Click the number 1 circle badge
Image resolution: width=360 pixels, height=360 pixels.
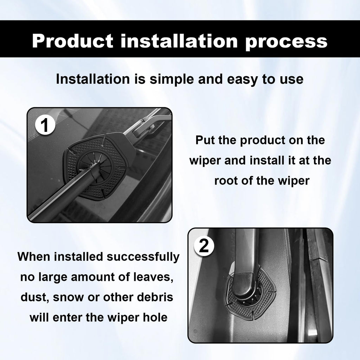[45, 126]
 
